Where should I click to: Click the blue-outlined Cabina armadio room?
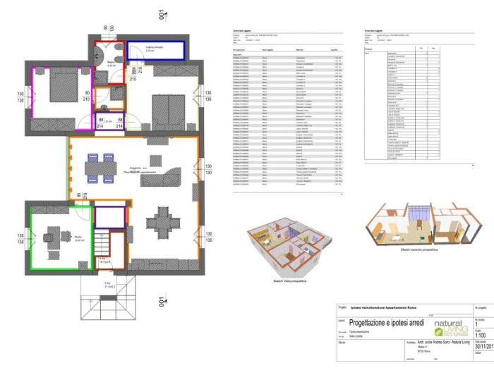coord(161,49)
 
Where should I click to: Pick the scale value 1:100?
coord(482,336)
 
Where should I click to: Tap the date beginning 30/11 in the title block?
coord(483,347)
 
